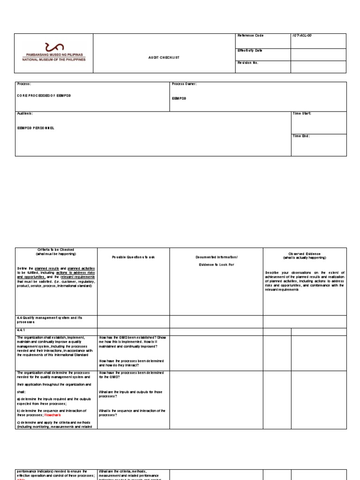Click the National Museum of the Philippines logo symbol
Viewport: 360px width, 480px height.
click(53, 47)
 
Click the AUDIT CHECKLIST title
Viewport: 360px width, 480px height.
click(164, 58)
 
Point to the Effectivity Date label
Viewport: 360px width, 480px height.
click(250, 50)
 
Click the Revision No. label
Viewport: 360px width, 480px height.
click(248, 62)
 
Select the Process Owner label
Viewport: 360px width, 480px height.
click(184, 84)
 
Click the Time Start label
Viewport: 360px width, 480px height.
click(302, 113)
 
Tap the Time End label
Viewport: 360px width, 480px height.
click(301, 136)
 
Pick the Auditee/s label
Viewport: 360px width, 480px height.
click(25, 113)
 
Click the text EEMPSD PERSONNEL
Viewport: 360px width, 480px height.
click(36, 127)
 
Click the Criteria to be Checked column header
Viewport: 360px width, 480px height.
click(56, 252)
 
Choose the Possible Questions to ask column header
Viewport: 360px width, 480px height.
click(133, 257)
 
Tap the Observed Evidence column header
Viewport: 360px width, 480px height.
click(305, 255)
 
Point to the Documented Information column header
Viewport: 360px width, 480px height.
click(216, 257)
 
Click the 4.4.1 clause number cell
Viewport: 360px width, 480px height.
click(22, 331)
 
